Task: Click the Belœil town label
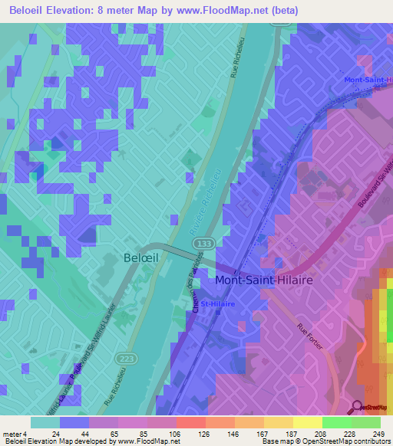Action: point(140,258)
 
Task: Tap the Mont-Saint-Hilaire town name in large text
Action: point(264,280)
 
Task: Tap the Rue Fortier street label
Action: point(309,338)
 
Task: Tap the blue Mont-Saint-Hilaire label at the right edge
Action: point(368,80)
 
